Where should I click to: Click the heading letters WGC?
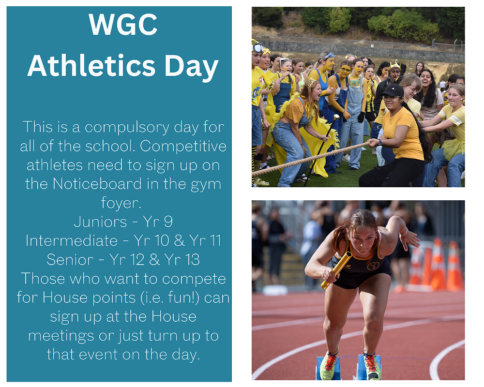tap(123, 24)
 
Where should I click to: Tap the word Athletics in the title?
tap(91, 65)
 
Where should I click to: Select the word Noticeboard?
tap(97, 184)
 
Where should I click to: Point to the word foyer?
tap(121, 204)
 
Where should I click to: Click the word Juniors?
tap(100, 222)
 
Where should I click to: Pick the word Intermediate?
tap(72, 241)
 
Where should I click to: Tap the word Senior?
tap(70, 260)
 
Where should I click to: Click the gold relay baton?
tap(336, 270)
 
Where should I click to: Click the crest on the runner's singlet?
tap(373, 266)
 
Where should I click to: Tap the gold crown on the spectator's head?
tap(395, 65)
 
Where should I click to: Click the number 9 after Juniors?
tap(168, 222)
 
